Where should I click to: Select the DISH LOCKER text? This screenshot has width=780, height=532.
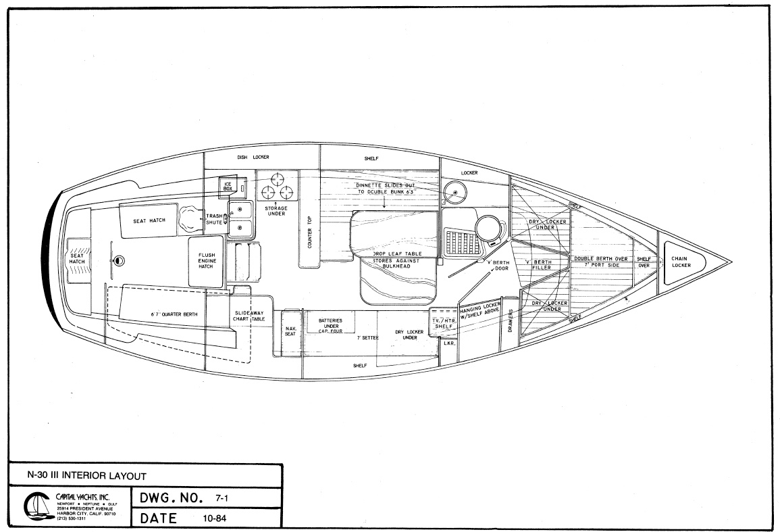point(251,157)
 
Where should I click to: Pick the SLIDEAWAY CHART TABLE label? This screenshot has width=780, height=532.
point(249,316)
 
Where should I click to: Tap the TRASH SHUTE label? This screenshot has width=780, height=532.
point(214,220)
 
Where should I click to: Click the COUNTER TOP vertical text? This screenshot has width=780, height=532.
point(309,231)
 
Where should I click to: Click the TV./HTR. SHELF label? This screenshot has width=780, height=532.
point(444,322)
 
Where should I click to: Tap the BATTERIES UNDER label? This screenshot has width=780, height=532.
point(330,323)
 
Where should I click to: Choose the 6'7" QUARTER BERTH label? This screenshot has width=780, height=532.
point(165,314)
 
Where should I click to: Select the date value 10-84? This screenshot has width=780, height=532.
point(213,518)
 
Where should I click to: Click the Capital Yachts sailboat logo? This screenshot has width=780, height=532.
point(34,507)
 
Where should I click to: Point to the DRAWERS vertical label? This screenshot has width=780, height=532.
point(511,321)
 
